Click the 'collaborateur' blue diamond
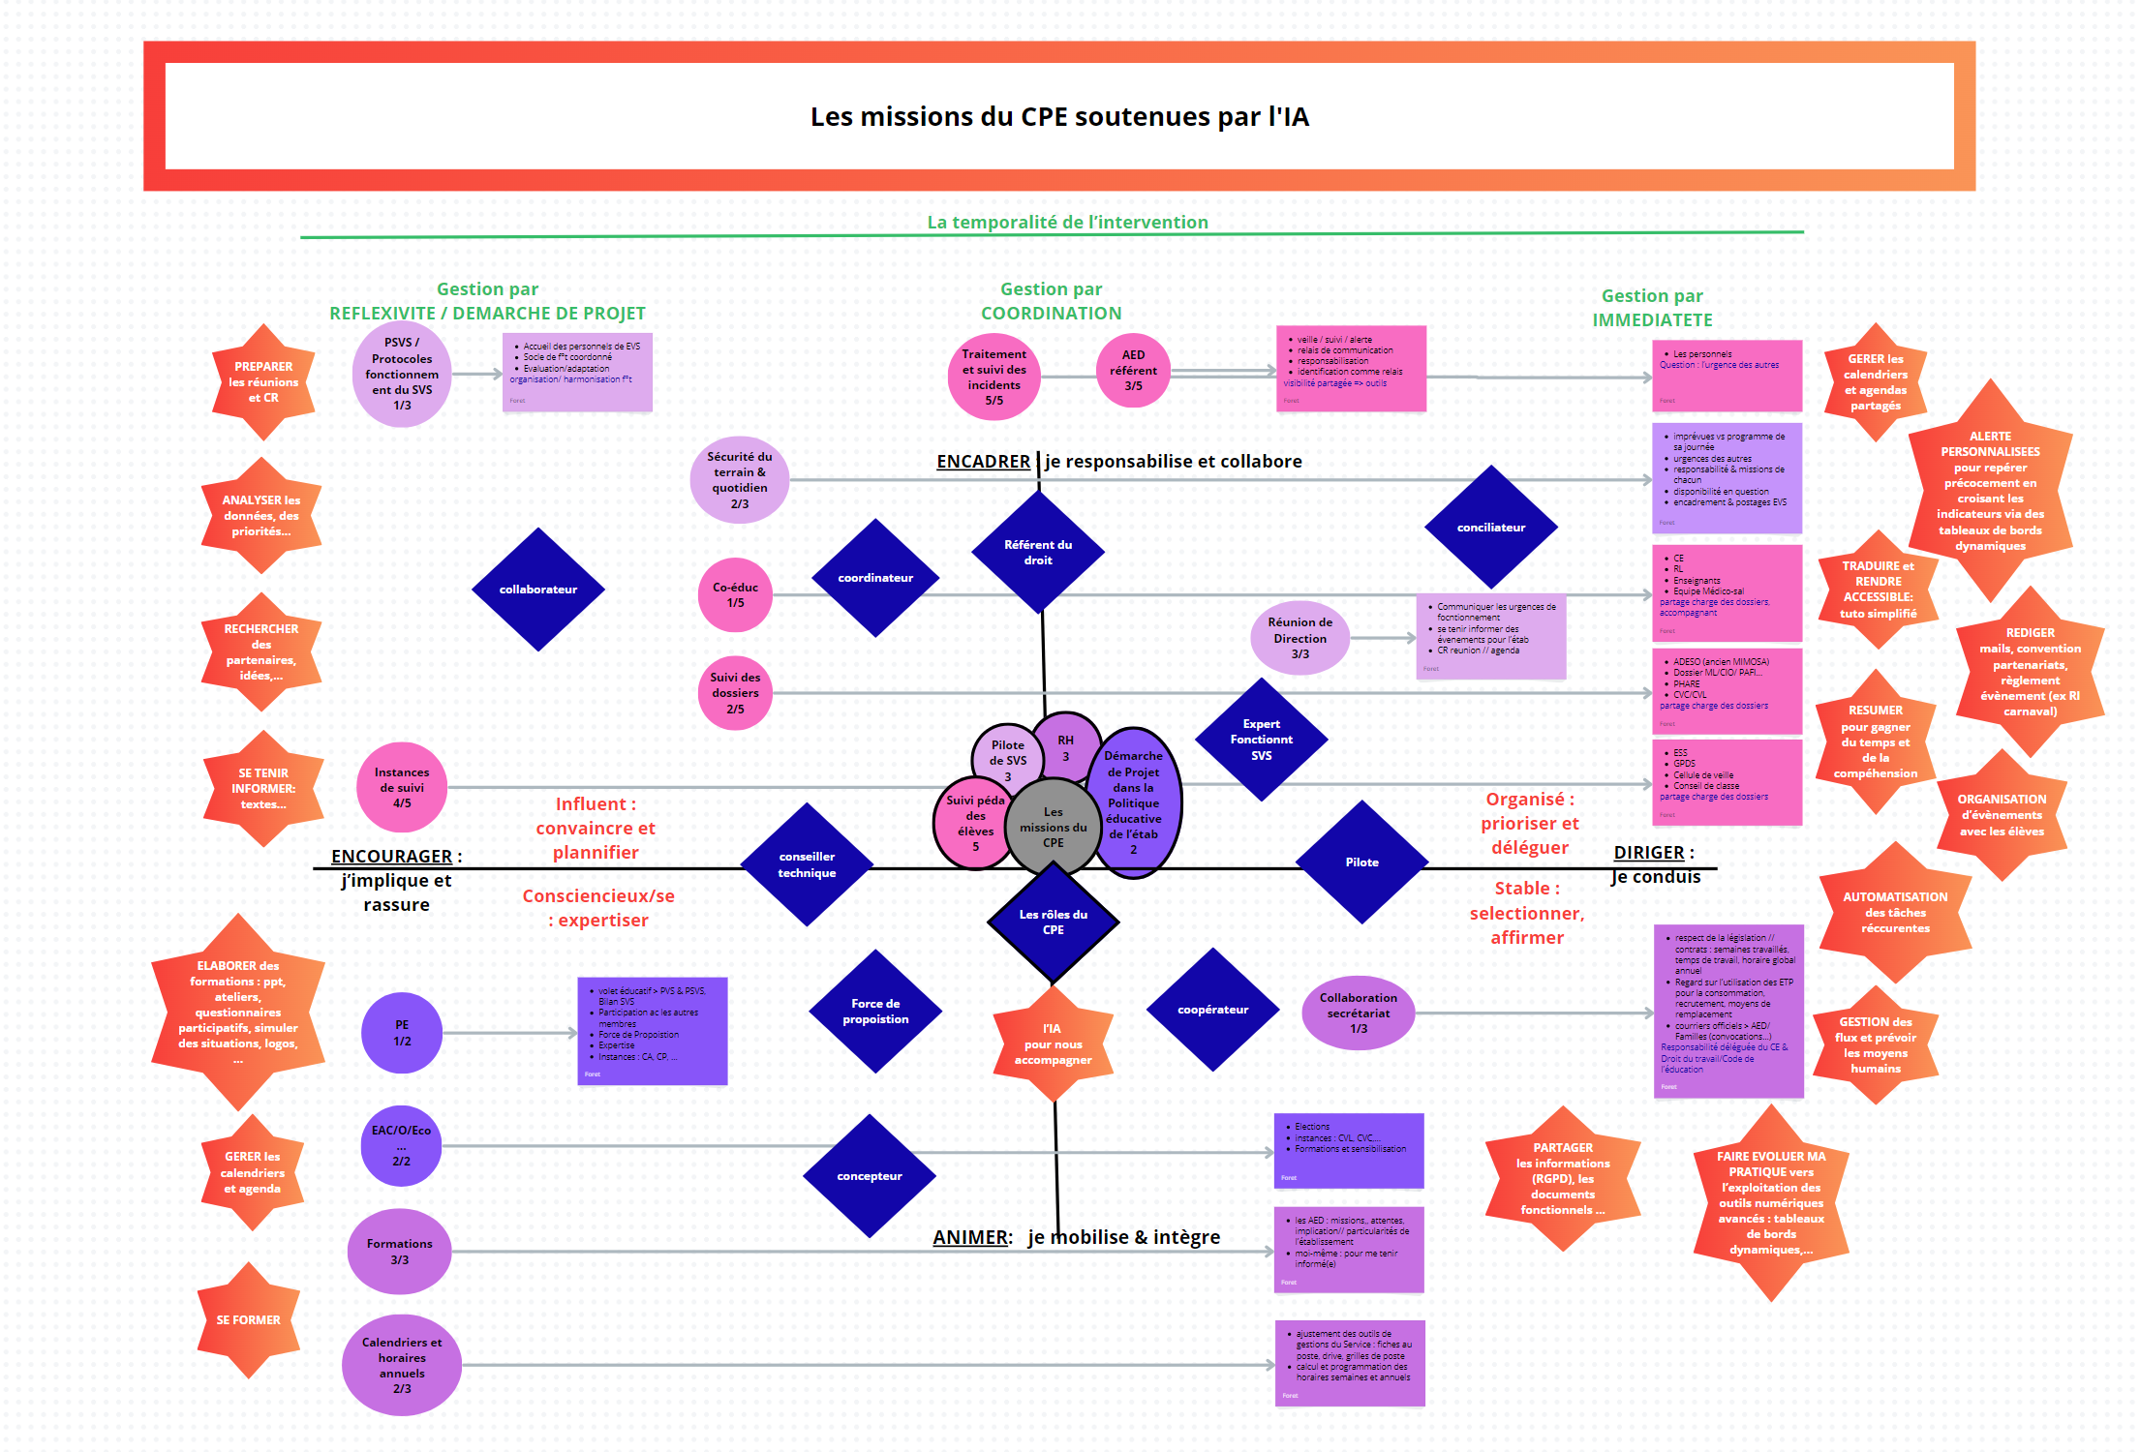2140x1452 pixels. tap(538, 590)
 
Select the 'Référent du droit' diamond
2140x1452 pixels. tap(1038, 552)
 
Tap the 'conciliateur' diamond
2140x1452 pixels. tap(1491, 528)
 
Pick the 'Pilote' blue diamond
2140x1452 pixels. tap(1361, 862)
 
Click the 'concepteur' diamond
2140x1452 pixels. tap(870, 1176)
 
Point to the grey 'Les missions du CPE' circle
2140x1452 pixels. tap(1054, 828)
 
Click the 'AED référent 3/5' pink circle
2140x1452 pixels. tap(1133, 371)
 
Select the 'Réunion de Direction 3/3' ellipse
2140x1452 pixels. tap(1300, 638)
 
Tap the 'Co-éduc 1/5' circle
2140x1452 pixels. tap(736, 595)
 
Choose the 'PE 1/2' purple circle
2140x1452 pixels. tap(402, 1033)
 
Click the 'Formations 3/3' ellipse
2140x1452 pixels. tap(400, 1252)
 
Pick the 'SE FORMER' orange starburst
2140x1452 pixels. tap(249, 1320)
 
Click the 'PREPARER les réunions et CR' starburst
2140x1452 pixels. tap(263, 382)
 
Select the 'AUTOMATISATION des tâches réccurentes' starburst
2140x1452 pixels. tap(1895, 913)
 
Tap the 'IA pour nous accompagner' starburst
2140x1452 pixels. tap(1053, 1044)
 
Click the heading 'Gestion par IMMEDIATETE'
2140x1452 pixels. tap(1652, 308)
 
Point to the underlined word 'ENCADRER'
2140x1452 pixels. tap(983, 462)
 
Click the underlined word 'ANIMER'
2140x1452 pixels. tap(970, 1237)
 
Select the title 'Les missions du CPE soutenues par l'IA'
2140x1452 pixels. tap(1059, 117)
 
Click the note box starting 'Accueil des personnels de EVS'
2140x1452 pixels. tap(577, 373)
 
